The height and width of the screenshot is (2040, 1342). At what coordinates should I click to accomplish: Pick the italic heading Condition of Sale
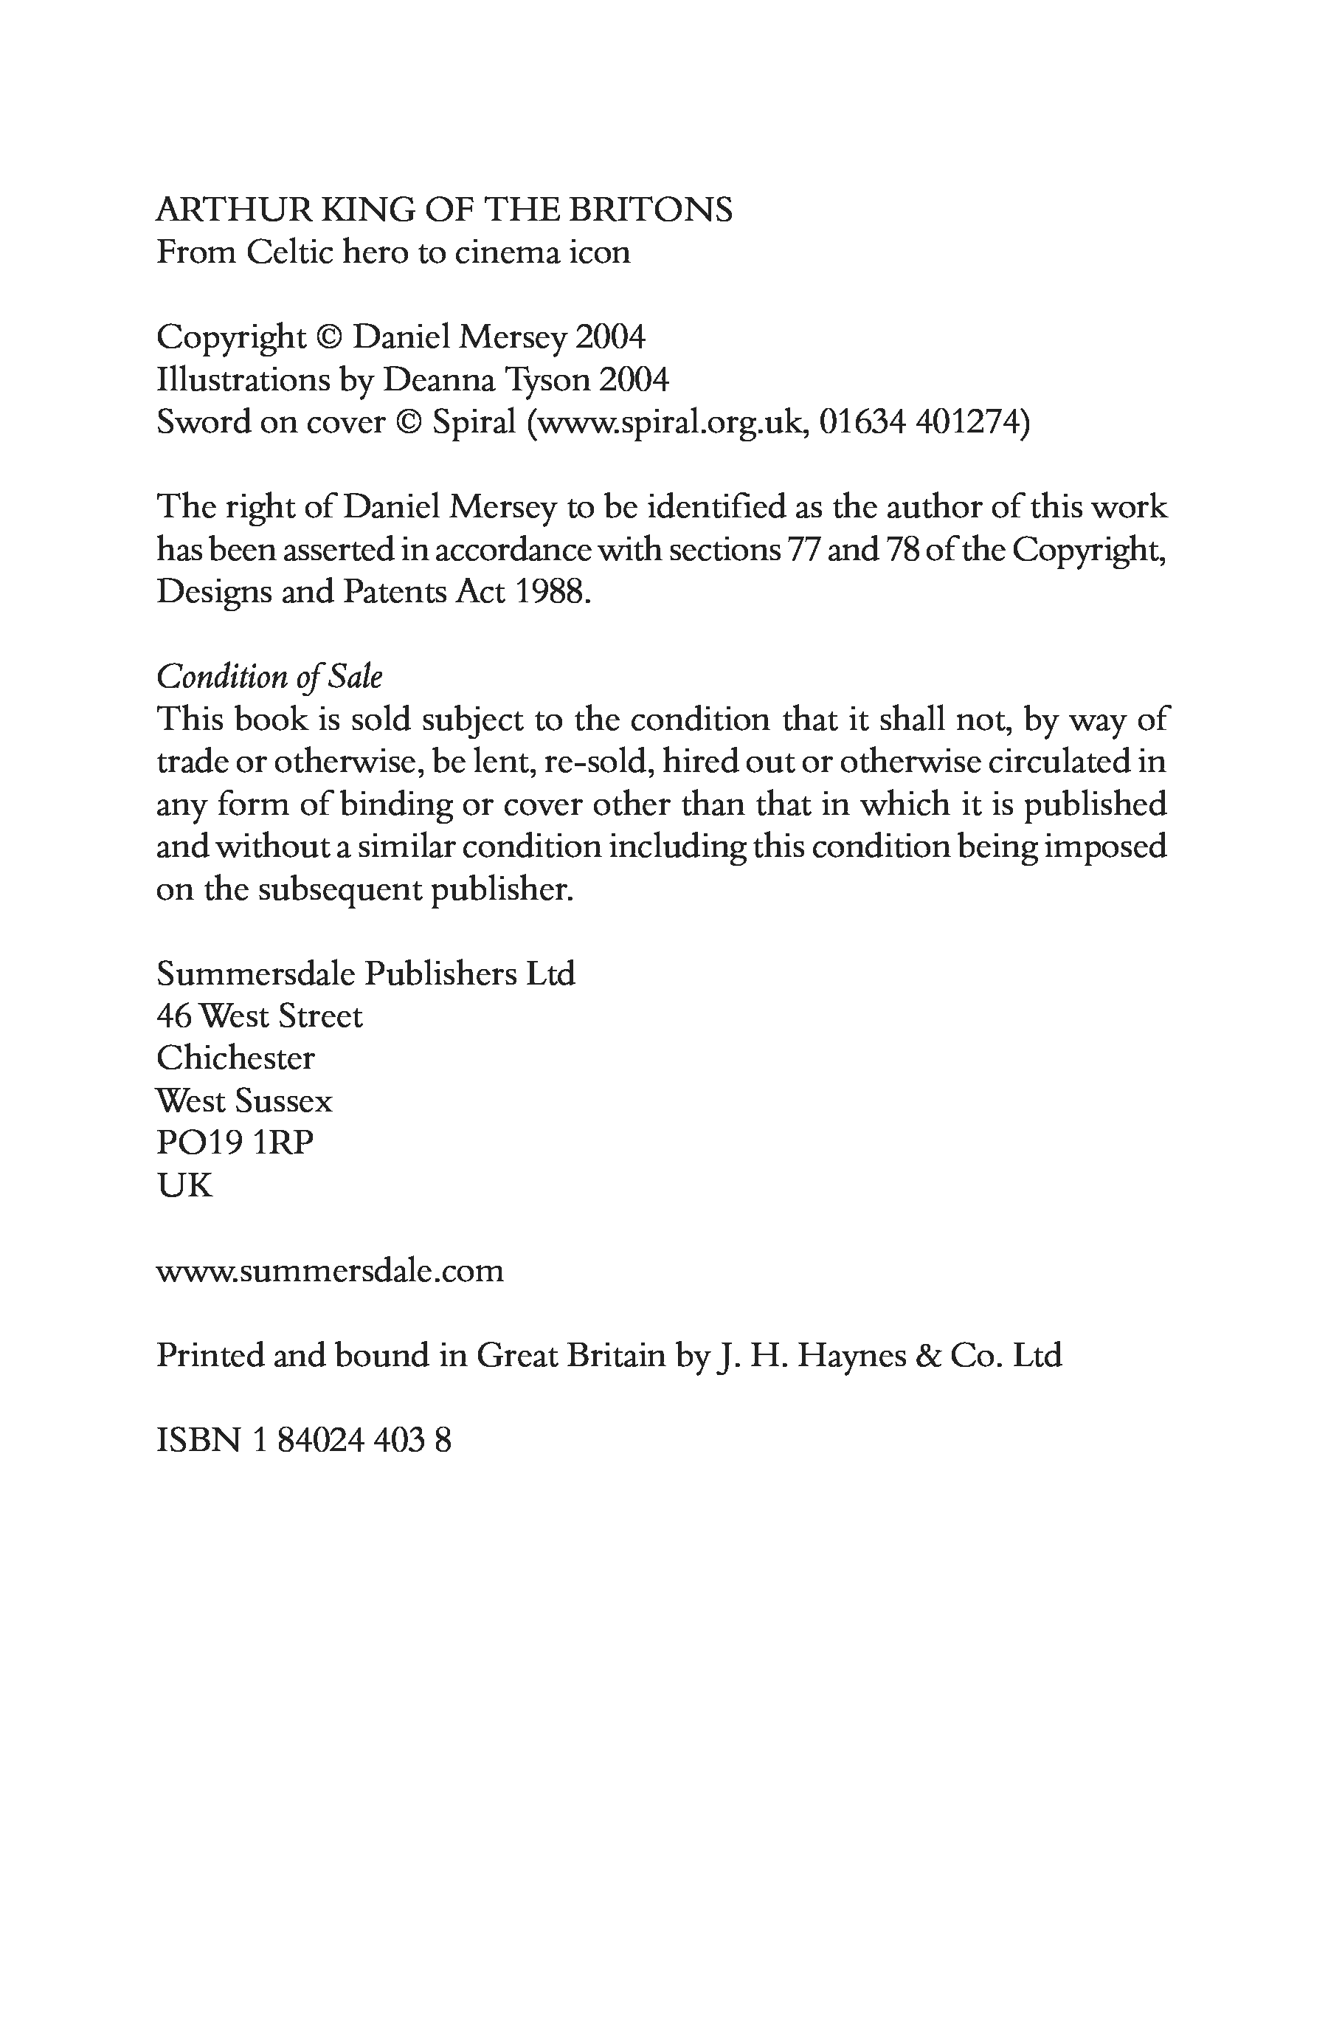pyautogui.click(x=269, y=677)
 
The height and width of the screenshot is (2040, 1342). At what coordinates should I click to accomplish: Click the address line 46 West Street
pyautogui.click(x=260, y=1016)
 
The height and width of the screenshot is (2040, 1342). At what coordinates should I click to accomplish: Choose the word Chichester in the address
pyautogui.click(x=235, y=1058)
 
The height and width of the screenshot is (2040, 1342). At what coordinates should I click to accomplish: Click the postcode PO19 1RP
pyautogui.click(x=235, y=1143)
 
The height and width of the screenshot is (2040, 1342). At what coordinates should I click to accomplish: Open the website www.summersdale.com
pyautogui.click(x=330, y=1270)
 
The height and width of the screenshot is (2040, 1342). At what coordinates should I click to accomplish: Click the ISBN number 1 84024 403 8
pyautogui.click(x=352, y=1441)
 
